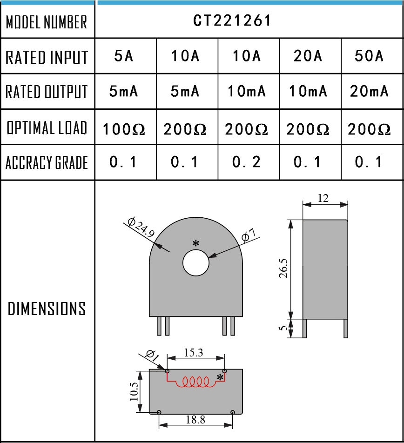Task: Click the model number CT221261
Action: (232, 21)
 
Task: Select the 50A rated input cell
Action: (369, 56)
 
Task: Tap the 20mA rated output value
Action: (369, 91)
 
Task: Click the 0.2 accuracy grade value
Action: (246, 162)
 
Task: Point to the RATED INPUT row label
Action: (47, 57)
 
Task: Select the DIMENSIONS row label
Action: (47, 309)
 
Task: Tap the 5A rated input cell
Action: (124, 56)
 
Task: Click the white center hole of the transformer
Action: (196, 262)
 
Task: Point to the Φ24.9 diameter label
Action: (141, 227)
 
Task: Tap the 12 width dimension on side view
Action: (323, 198)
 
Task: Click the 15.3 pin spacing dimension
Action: (194, 353)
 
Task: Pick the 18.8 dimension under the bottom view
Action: (195, 420)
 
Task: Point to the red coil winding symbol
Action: (195, 382)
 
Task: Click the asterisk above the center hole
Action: (196, 243)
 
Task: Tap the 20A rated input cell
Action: (308, 56)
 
